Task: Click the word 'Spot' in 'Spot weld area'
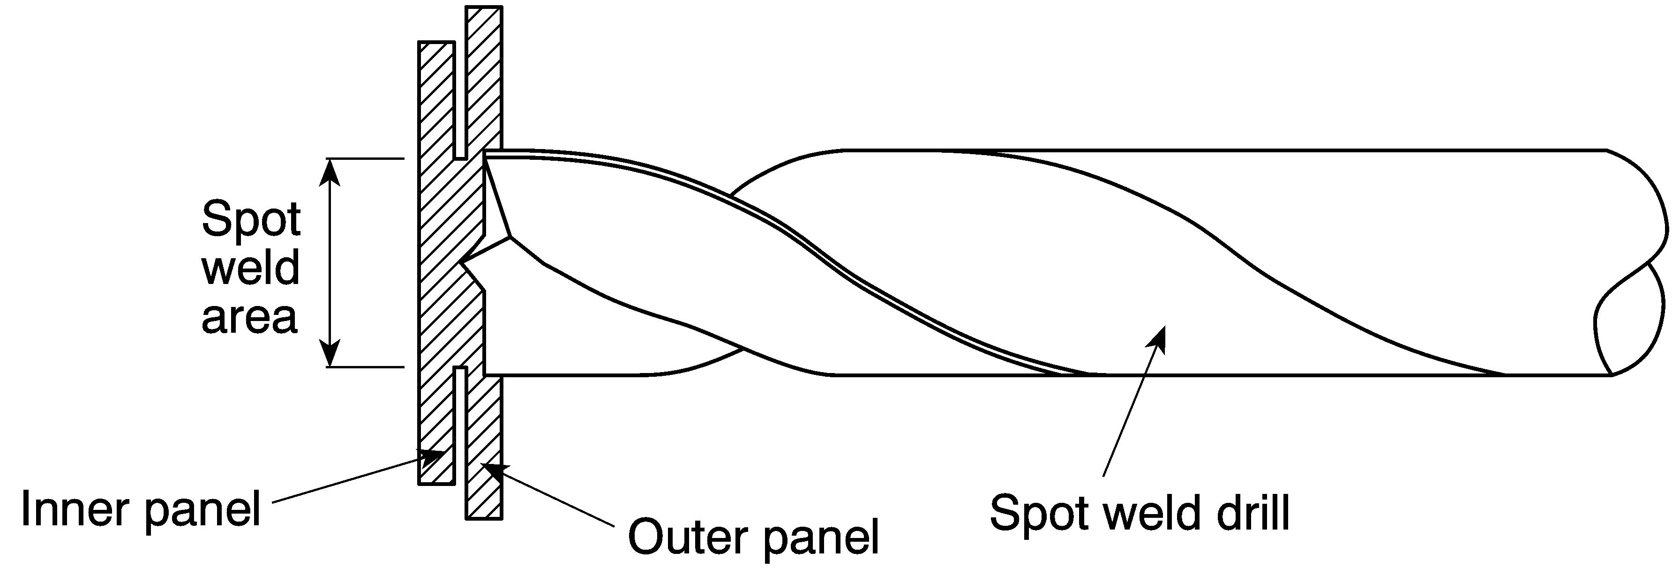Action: point(251,220)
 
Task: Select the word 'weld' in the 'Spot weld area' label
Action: point(250,268)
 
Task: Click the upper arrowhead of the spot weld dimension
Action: point(332,173)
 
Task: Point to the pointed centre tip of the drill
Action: point(462,264)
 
